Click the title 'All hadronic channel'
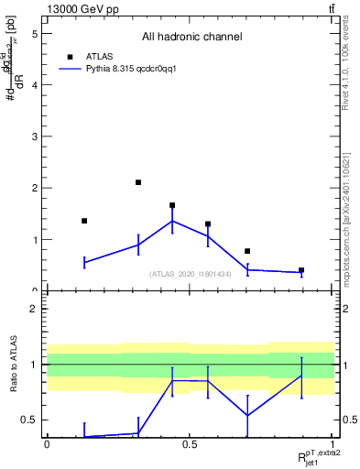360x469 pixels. tap(191, 38)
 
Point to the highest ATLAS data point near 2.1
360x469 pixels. tap(138, 182)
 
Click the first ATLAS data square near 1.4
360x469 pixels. tap(84, 221)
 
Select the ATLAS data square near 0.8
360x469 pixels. tap(247, 251)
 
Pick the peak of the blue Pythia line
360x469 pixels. tap(172, 221)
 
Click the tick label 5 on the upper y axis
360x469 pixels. tap(34, 33)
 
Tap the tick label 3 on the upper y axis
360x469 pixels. tap(34, 136)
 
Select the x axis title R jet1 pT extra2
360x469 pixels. tap(313, 457)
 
